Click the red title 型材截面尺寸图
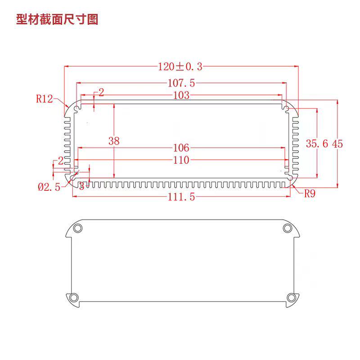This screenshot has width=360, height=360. (57, 19)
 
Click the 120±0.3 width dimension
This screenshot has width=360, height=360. (180, 67)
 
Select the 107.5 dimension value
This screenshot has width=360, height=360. (181, 83)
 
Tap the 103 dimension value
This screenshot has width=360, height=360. (181, 95)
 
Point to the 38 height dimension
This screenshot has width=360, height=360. (114, 141)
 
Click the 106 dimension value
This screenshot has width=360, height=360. (181, 148)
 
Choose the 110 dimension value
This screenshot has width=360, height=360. (181, 160)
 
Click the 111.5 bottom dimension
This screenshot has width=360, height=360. (181, 197)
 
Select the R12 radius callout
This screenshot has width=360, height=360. (44, 99)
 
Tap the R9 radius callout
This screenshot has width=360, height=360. (310, 194)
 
